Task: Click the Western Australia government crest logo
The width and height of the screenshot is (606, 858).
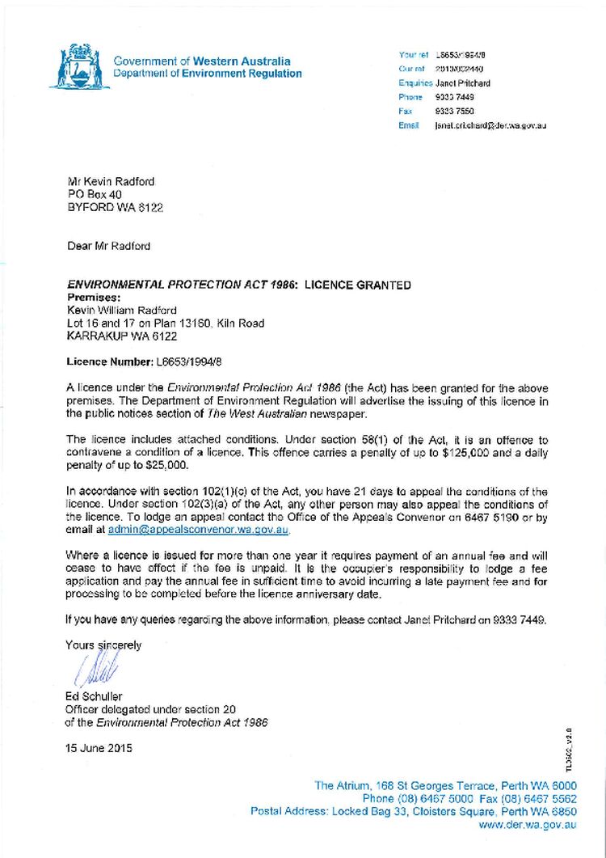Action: tap(78, 67)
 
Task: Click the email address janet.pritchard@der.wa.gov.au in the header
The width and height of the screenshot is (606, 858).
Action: tap(490, 125)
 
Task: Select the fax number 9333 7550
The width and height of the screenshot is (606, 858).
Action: tap(454, 111)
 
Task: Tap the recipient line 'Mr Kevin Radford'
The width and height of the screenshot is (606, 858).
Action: tap(112, 182)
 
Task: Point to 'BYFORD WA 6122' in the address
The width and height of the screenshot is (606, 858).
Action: tap(116, 208)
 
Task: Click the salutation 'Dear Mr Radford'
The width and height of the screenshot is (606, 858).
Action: tap(109, 246)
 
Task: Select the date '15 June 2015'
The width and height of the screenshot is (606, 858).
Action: tap(100, 748)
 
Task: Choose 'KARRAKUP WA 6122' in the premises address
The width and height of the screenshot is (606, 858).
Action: tap(122, 336)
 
